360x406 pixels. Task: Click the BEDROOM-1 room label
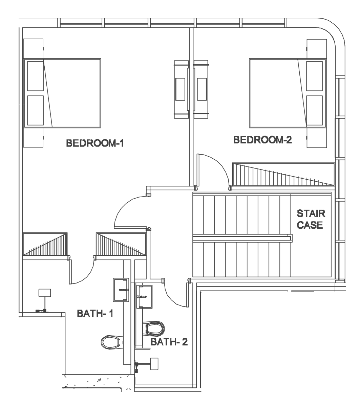tap(95, 143)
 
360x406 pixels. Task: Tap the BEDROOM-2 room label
tap(262, 140)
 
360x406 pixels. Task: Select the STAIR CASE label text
tap(311, 219)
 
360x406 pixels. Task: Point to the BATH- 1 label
tap(95, 313)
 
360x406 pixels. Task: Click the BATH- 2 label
tap(169, 342)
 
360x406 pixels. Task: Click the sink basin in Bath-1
tap(121, 290)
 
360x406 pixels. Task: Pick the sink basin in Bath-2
tap(144, 297)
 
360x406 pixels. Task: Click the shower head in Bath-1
tap(44, 293)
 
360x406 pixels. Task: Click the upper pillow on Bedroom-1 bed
tap(36, 76)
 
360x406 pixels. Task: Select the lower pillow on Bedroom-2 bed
tap(314, 110)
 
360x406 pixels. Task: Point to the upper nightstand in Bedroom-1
tap(33, 49)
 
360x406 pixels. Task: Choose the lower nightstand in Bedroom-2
tap(317, 138)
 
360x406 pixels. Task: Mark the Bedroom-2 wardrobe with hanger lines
tap(283, 174)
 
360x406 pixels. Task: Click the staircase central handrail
tap(242, 238)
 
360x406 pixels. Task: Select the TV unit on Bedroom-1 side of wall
tap(181, 89)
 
